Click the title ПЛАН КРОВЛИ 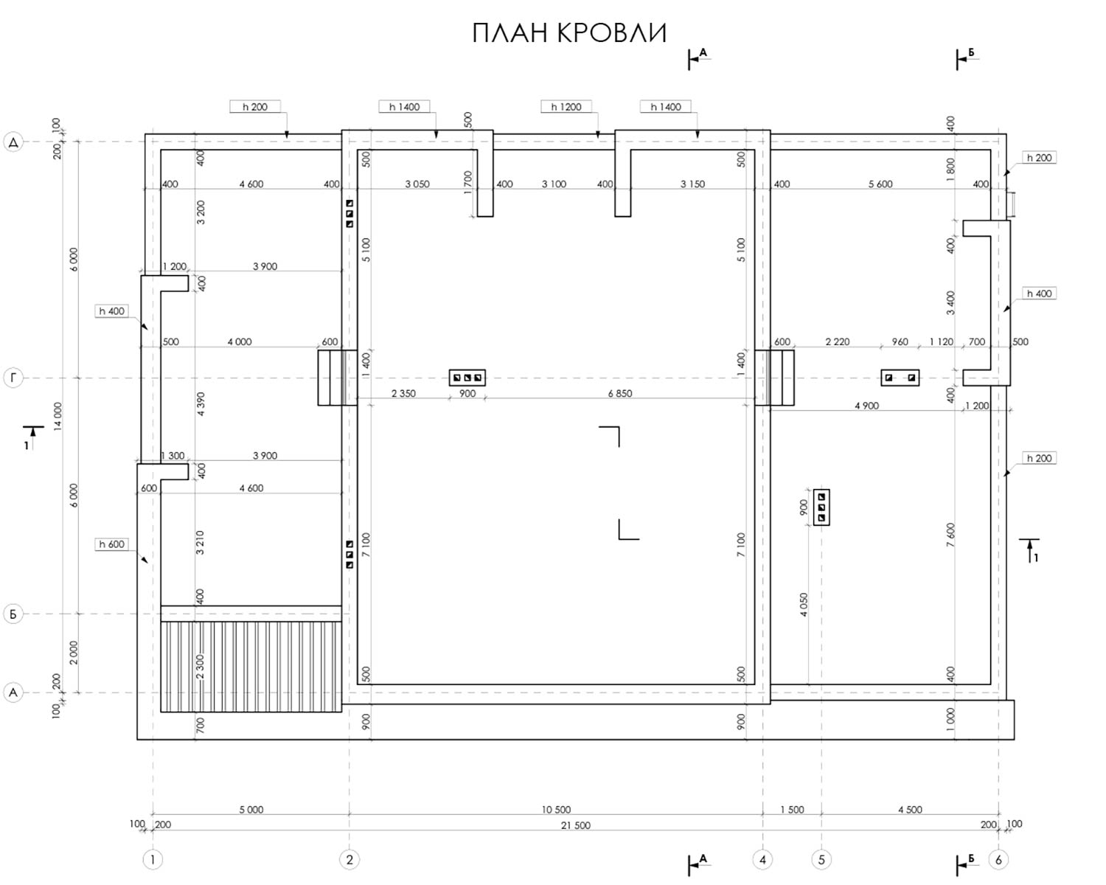(569, 33)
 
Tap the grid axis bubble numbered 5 (821, 859)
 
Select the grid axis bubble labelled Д (13, 142)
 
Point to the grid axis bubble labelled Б (13, 614)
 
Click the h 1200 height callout (566, 107)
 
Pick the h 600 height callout (111, 544)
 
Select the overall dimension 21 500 (576, 825)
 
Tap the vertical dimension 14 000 (58, 417)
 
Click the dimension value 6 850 (620, 393)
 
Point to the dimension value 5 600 (880, 184)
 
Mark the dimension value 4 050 (804, 605)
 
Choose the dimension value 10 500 (556, 810)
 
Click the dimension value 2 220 (837, 341)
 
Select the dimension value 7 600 (950, 535)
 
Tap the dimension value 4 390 (201, 404)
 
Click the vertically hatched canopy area (251, 667)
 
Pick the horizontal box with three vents (467, 378)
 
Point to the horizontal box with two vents (900, 378)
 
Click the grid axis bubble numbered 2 (349, 859)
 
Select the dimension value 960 (900, 341)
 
